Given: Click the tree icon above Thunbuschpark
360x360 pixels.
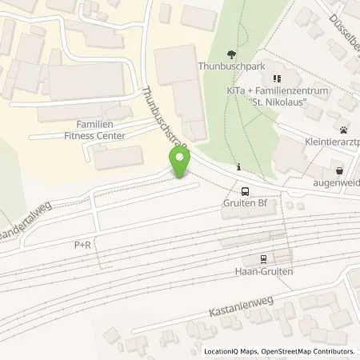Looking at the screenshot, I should [232, 55].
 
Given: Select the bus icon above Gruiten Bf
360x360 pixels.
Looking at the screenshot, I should [246, 190].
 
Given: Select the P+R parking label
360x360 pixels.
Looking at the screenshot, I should [84, 245].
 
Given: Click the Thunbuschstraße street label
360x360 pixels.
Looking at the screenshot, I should [164, 118].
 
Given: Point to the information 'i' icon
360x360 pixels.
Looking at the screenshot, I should [240, 167].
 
